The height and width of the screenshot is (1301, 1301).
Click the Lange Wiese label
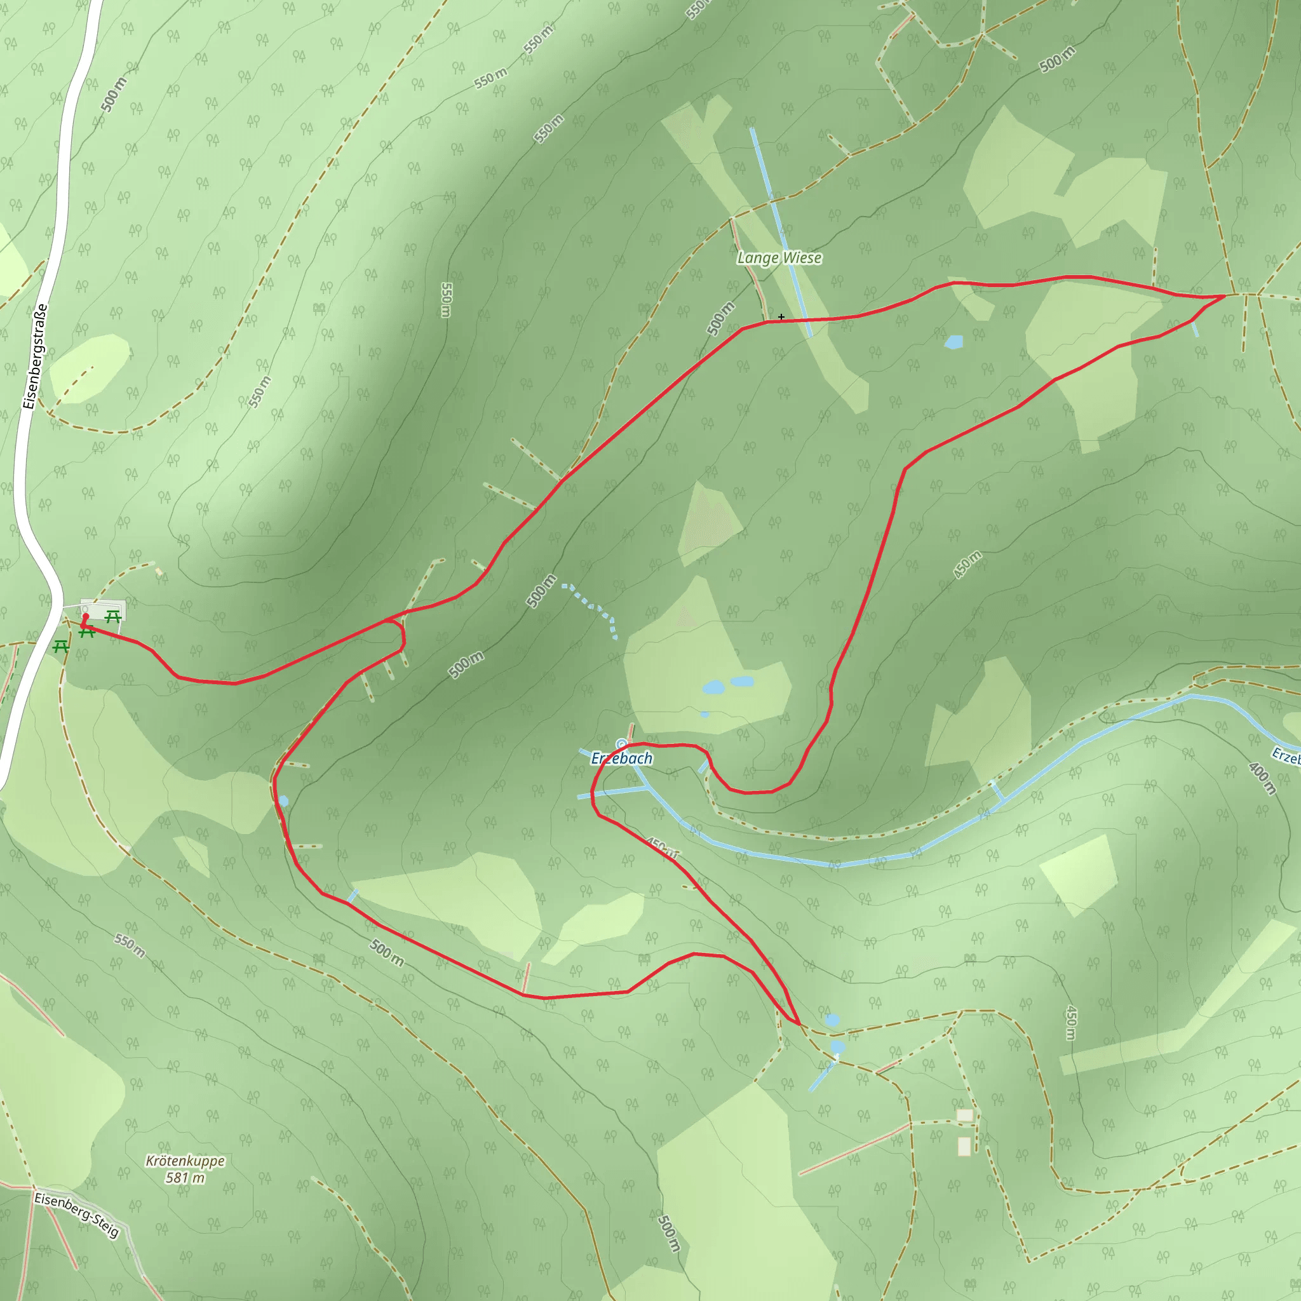click(779, 258)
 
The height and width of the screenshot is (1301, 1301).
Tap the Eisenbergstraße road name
click(35, 356)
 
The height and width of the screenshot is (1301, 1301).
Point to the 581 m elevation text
click(185, 1178)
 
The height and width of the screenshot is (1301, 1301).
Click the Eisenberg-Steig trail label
click(77, 1214)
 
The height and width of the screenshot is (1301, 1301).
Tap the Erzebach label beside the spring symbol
click(621, 759)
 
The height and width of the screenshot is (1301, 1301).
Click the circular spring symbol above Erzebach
click(621, 744)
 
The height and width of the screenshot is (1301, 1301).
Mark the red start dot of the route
click(86, 616)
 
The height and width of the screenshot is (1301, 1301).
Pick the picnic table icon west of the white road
click(60, 647)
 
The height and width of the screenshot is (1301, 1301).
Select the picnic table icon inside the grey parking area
click(112, 616)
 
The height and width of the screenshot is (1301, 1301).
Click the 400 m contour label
click(1261, 778)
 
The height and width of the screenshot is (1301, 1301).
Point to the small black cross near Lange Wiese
click(781, 316)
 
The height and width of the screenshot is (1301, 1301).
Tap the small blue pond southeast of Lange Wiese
click(954, 342)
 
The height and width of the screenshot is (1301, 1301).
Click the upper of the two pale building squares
click(965, 1116)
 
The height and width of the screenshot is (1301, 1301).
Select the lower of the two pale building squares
click(964, 1145)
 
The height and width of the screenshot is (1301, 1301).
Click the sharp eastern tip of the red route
click(1223, 296)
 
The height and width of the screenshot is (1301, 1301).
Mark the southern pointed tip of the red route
click(799, 1024)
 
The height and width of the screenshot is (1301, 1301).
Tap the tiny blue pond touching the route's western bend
click(283, 801)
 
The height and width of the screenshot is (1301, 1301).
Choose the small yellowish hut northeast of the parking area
click(159, 572)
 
